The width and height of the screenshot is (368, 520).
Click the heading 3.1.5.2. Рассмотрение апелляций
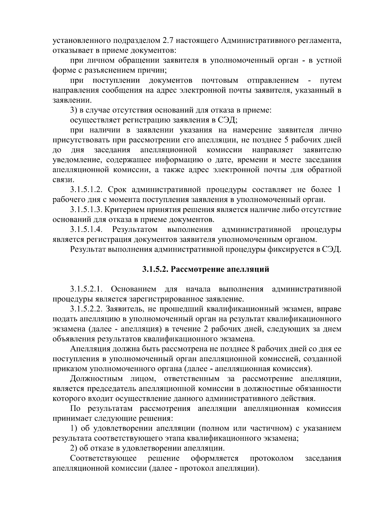205,269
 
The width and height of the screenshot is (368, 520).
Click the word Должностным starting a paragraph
96,379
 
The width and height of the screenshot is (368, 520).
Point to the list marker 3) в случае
73,111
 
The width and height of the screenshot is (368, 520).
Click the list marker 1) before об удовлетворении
73,428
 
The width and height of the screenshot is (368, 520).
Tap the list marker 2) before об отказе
73,449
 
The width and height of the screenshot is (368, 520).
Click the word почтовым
220,81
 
